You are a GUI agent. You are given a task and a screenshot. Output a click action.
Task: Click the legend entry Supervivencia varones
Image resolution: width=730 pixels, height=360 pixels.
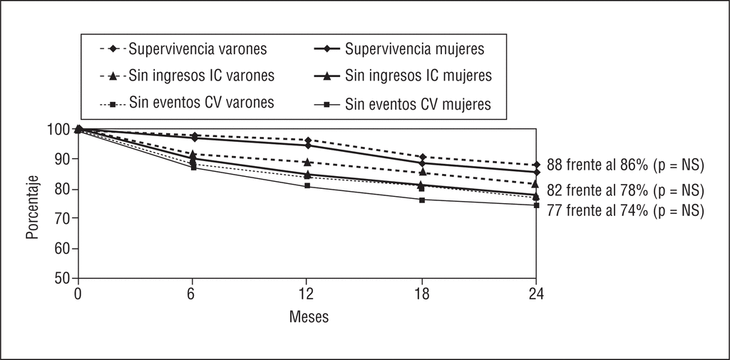[x=187, y=50]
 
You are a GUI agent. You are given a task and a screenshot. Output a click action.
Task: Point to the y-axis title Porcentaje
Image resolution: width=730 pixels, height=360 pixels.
[x=33, y=203]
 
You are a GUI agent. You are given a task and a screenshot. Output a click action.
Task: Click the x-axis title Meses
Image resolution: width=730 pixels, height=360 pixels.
[x=309, y=316]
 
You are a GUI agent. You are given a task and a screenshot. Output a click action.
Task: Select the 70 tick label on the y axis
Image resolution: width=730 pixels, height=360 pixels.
[x=63, y=219]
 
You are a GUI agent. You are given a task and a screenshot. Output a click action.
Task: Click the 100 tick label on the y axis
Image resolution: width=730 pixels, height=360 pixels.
[x=60, y=130]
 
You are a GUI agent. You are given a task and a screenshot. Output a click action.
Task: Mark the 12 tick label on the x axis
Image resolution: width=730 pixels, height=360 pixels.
[x=307, y=292]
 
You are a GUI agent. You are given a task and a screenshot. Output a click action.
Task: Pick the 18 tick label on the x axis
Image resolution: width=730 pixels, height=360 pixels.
[x=421, y=292]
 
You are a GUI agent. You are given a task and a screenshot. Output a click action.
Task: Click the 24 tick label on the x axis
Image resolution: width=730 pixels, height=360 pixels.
[x=536, y=292]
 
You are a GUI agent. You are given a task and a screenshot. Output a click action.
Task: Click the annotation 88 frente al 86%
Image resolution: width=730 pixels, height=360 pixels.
[x=626, y=165]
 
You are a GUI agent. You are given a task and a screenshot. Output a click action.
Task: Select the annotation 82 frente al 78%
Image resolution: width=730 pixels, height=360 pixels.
[x=626, y=190]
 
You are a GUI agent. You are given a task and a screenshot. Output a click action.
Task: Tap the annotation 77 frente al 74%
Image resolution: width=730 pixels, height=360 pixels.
[x=626, y=210]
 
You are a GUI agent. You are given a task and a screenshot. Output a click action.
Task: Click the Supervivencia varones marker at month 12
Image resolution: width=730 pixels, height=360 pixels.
[x=307, y=140]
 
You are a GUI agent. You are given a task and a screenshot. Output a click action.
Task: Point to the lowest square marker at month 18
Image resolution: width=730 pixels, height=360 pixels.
[x=422, y=200]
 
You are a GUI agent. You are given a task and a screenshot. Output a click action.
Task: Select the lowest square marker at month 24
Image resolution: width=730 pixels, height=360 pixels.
[x=536, y=205]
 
